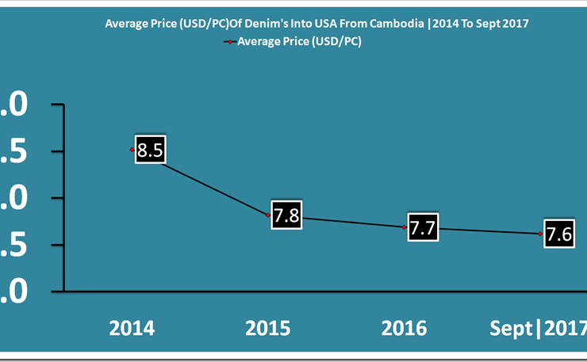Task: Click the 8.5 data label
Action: pyautogui.click(x=150, y=150)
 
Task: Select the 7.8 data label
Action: pyautogui.click(x=286, y=215)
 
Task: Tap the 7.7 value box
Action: pyautogui.click(x=423, y=227)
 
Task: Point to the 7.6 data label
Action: pyautogui.click(x=559, y=234)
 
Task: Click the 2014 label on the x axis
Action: pyautogui.click(x=132, y=328)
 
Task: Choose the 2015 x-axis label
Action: pyautogui.click(x=268, y=328)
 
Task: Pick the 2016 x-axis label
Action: pyautogui.click(x=404, y=328)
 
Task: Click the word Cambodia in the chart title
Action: pyautogui.click(x=397, y=24)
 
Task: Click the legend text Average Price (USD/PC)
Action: pyautogui.click(x=299, y=42)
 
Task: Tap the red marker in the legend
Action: pyautogui.click(x=229, y=42)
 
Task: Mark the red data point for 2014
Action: pyautogui.click(x=132, y=149)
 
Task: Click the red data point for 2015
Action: pyautogui.click(x=268, y=215)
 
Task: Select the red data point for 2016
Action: pyautogui.click(x=405, y=227)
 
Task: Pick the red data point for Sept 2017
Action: pyautogui.click(x=540, y=234)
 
